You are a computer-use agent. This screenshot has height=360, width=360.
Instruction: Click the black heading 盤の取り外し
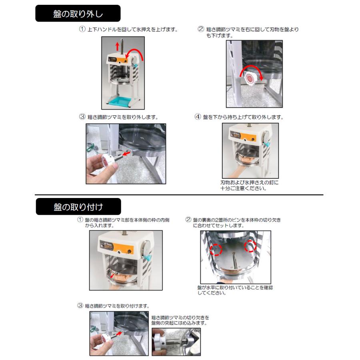click(78, 13)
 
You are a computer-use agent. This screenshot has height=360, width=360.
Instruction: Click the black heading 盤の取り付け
click(78, 207)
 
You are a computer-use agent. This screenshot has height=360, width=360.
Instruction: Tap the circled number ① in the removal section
click(82, 30)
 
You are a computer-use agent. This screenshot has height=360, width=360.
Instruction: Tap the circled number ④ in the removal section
click(198, 118)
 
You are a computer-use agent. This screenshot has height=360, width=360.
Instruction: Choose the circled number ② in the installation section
click(188, 220)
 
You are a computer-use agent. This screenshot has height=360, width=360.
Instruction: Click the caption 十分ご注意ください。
click(243, 188)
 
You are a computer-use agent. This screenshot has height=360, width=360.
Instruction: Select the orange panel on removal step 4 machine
click(250, 138)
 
